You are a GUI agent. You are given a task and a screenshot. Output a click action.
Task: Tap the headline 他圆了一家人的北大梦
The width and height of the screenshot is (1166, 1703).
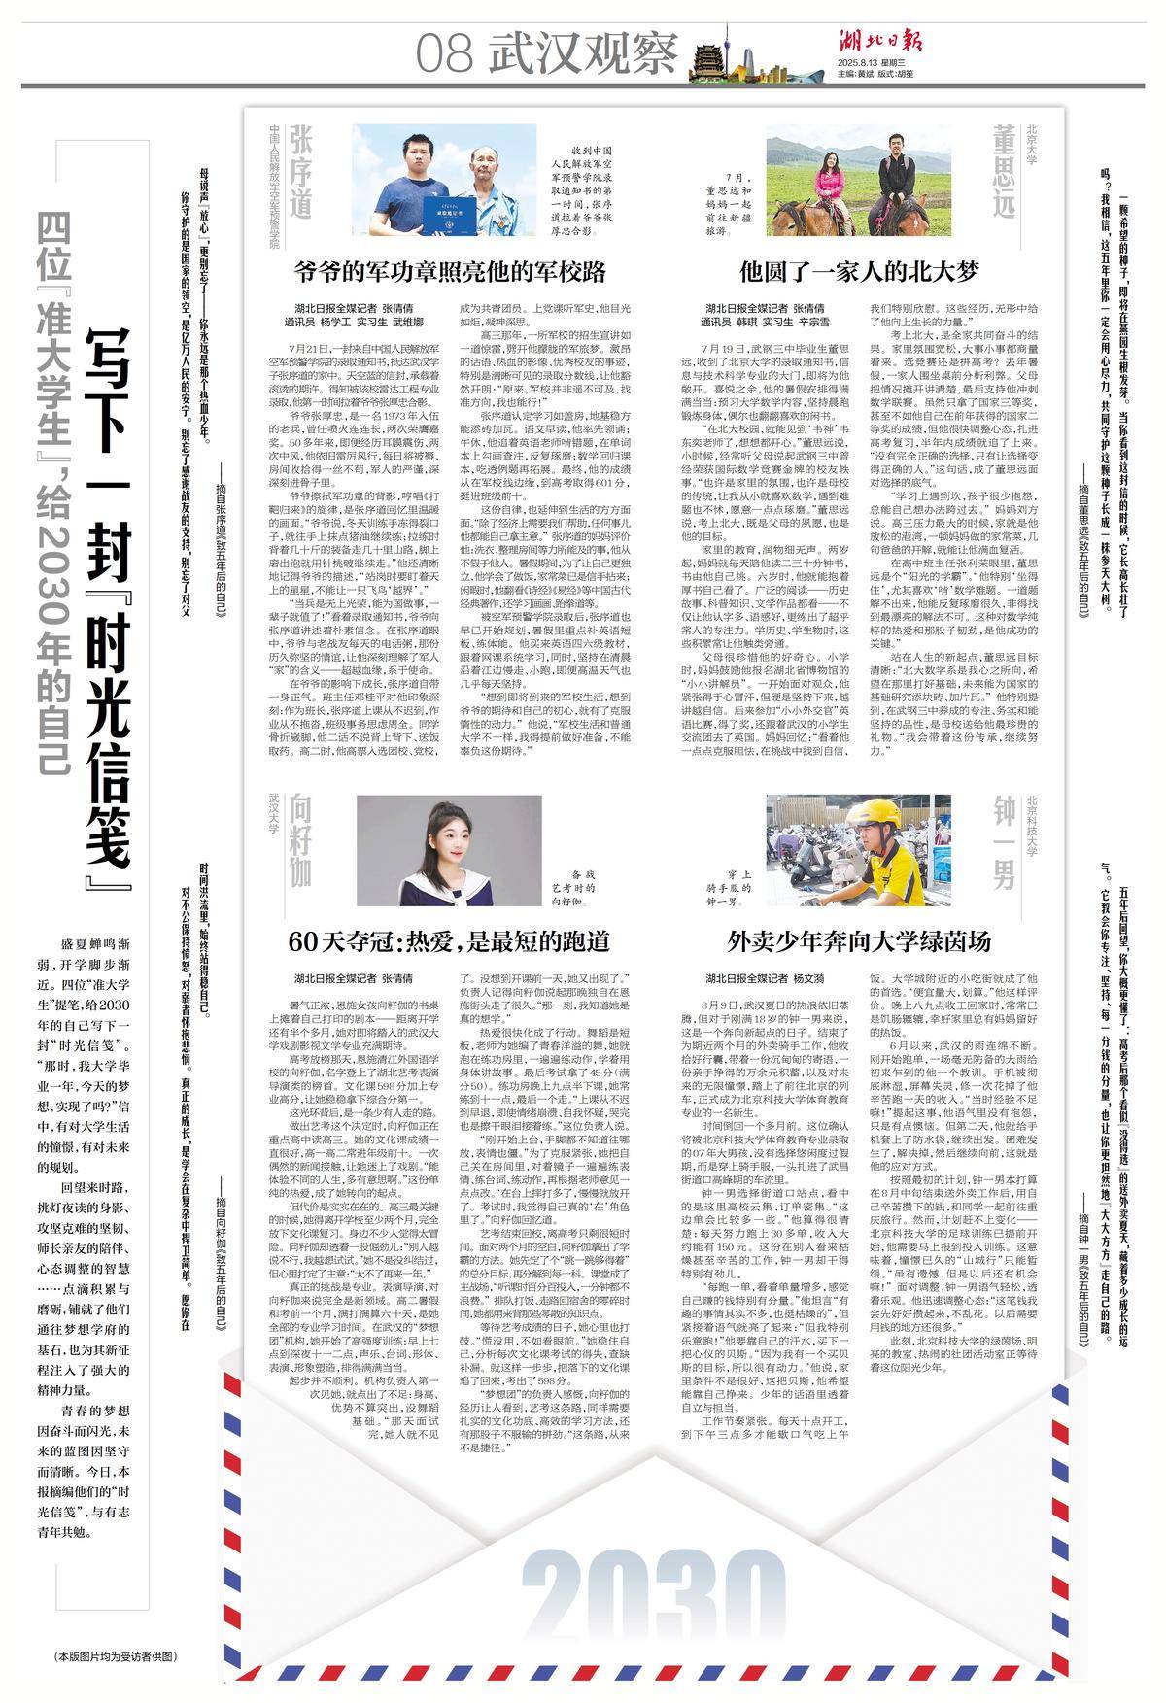tap(859, 270)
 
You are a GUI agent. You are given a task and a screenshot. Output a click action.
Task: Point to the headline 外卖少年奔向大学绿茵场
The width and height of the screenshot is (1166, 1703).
tap(859, 940)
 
